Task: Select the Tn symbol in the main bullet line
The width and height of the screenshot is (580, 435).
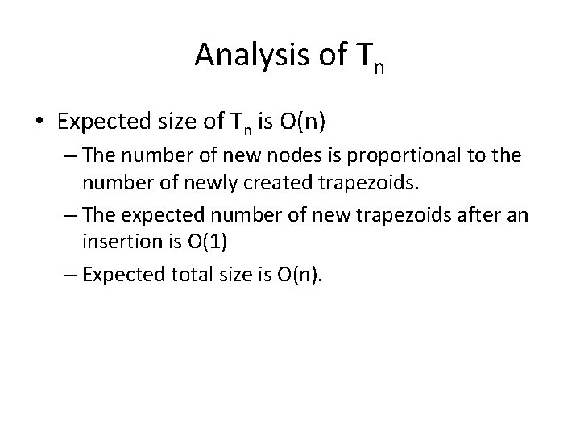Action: coord(242,122)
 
